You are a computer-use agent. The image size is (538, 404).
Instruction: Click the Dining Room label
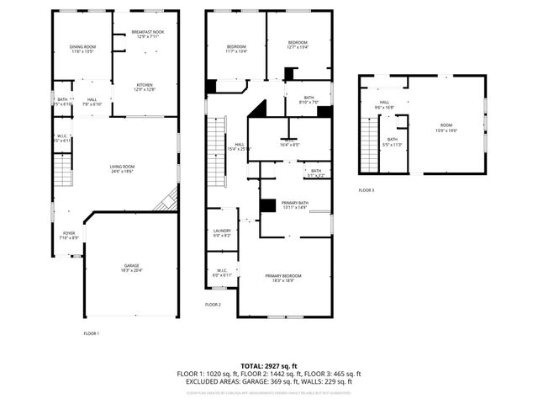pyautogui.click(x=82, y=49)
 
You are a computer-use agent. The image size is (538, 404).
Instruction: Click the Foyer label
pyautogui.click(x=69, y=235)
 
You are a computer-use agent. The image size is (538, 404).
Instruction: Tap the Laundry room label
pyautogui.click(x=222, y=232)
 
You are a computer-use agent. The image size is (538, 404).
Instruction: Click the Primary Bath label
pyautogui.click(x=294, y=205)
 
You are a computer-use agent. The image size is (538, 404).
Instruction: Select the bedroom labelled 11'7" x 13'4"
pyautogui.click(x=235, y=48)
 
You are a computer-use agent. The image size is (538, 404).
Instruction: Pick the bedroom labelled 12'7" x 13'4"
pyautogui.click(x=298, y=45)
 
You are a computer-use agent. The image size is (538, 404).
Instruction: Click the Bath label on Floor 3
pyautogui.click(x=392, y=141)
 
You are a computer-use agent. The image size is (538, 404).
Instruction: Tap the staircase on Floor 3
pyautogui.click(x=368, y=143)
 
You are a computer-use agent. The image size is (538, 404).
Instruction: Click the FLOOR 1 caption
pyautogui.click(x=91, y=334)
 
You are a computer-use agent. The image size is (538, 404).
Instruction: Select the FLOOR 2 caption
pyautogui.click(x=213, y=304)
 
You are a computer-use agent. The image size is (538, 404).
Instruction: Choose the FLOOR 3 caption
pyautogui.click(x=367, y=190)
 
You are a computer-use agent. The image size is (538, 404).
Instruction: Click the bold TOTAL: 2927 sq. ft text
pyautogui.click(x=269, y=366)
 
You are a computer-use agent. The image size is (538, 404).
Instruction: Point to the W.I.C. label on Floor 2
pyautogui.click(x=221, y=273)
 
